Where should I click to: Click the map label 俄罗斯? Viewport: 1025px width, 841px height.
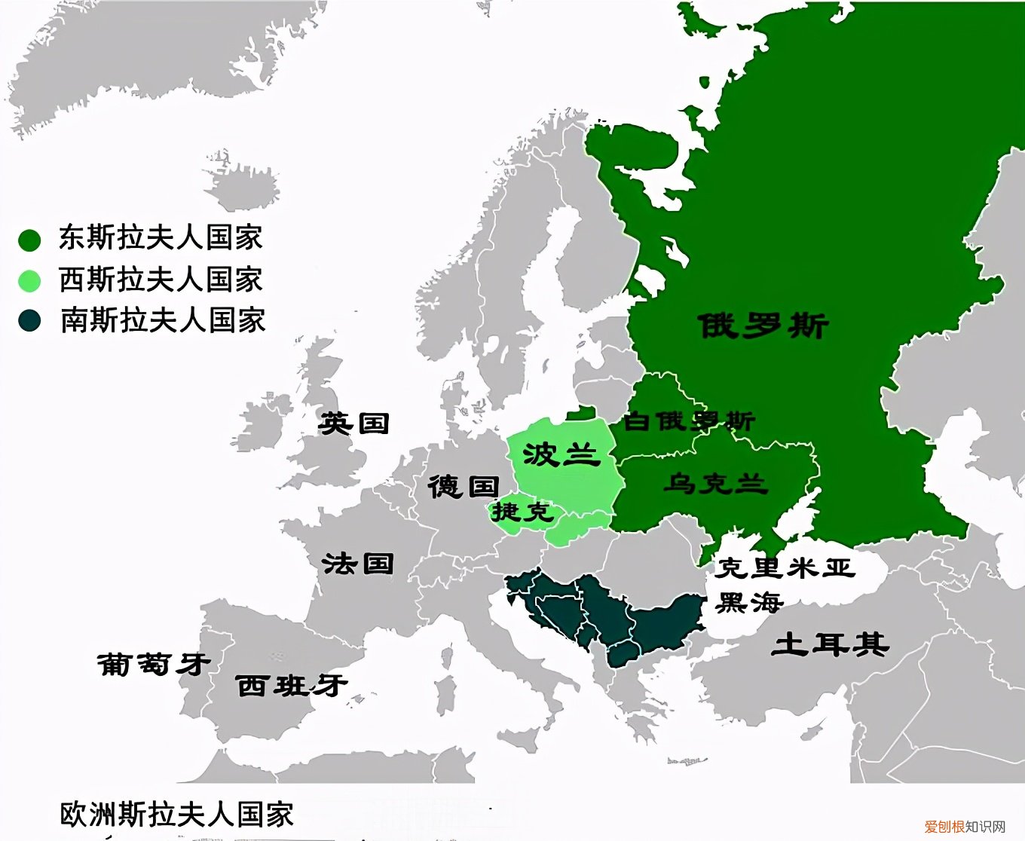[763, 326]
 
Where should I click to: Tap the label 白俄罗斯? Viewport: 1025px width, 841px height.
[689, 420]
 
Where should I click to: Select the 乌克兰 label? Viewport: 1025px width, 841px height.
[715, 483]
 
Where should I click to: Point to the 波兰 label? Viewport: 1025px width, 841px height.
[561, 454]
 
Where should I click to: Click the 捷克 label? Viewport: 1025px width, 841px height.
[523, 512]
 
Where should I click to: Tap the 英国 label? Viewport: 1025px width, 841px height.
[354, 423]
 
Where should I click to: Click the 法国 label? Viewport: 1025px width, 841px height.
[358, 563]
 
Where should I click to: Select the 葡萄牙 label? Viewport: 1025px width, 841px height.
[154, 664]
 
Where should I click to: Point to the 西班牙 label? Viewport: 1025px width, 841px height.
[292, 685]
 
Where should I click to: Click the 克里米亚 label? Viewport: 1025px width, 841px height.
[785, 567]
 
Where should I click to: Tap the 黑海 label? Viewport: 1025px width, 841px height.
[749, 602]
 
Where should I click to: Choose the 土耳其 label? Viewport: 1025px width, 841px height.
[830, 644]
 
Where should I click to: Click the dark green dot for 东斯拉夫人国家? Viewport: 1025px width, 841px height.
[29, 240]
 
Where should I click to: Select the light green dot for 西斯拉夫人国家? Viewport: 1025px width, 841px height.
[29, 281]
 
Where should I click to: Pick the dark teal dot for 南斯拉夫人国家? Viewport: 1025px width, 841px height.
[29, 321]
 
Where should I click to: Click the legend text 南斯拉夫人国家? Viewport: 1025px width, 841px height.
[163, 320]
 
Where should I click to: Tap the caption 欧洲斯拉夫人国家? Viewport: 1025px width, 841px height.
[176, 815]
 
